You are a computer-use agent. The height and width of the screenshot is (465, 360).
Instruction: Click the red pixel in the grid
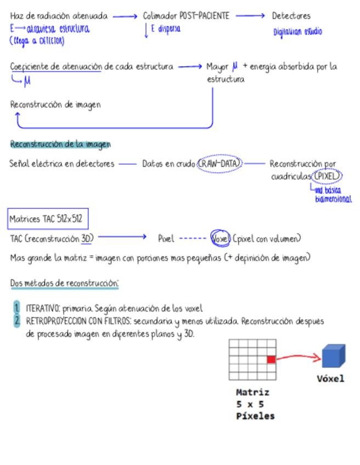click(x=271, y=359)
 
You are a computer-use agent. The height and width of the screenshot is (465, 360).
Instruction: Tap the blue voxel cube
click(x=334, y=356)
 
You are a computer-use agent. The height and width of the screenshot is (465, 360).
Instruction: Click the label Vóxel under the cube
click(x=330, y=378)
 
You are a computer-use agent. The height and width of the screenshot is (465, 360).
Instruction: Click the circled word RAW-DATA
click(x=220, y=163)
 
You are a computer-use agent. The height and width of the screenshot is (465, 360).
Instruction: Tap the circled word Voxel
click(x=221, y=239)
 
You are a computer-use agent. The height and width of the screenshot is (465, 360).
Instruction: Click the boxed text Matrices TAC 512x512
click(x=47, y=219)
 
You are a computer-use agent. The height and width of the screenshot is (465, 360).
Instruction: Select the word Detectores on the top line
click(x=291, y=16)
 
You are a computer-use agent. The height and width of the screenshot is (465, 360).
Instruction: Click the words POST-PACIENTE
click(x=204, y=16)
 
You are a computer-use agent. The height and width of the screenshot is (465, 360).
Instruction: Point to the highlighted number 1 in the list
click(x=16, y=308)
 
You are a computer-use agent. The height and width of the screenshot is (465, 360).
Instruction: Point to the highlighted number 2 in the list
click(x=16, y=321)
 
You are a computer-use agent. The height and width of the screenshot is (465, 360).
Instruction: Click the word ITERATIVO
click(x=43, y=308)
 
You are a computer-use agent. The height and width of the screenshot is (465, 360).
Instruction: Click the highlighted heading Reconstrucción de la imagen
click(x=60, y=144)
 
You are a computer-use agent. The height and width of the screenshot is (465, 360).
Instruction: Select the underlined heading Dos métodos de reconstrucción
click(x=64, y=283)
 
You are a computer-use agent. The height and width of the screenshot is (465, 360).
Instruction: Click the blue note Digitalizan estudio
click(x=298, y=32)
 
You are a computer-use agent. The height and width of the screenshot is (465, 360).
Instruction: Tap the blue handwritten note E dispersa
click(x=165, y=29)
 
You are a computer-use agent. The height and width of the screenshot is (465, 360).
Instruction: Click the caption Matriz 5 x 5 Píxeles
click(x=254, y=404)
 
